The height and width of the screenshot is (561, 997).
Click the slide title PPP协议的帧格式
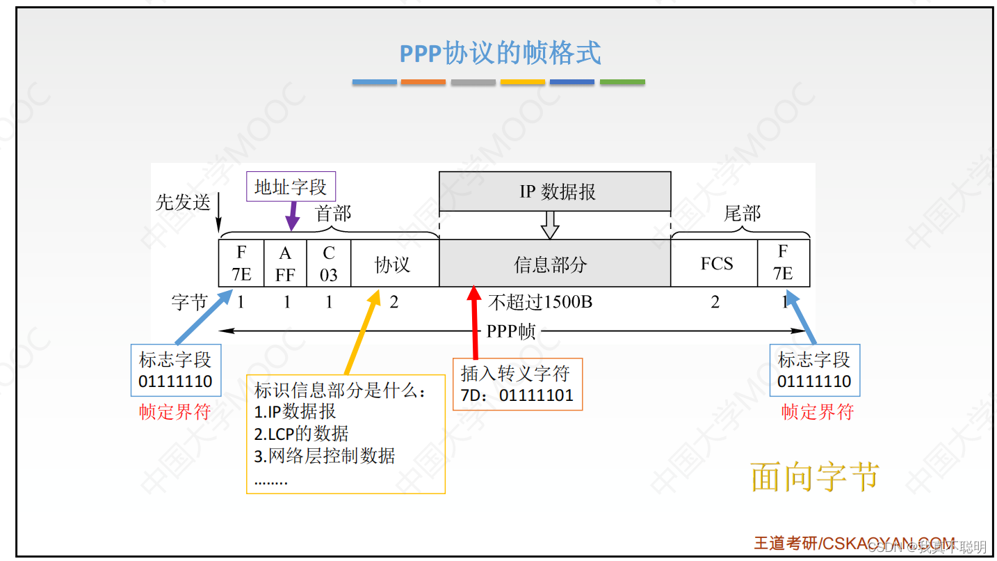(499, 54)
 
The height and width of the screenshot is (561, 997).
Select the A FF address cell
(285, 263)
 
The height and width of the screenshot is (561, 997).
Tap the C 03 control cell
(328, 263)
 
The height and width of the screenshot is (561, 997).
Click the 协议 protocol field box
(394, 264)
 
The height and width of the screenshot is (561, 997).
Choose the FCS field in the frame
(715, 264)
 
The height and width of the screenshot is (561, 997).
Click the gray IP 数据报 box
(555, 191)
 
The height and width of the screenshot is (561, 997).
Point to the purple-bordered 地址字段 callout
(291, 187)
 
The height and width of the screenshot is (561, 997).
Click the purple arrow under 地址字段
(293, 216)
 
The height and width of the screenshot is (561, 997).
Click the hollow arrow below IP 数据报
(551, 225)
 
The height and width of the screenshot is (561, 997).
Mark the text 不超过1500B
(540, 303)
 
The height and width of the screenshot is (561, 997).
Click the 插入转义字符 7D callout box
(517, 384)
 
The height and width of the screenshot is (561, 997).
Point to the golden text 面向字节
(816, 477)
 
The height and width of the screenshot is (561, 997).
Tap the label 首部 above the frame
(334, 213)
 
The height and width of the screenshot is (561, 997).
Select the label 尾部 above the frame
(742, 213)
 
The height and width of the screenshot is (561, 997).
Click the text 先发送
(182, 203)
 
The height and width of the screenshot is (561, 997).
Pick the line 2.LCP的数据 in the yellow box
(301, 434)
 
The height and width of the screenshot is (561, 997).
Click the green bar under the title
(622, 82)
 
